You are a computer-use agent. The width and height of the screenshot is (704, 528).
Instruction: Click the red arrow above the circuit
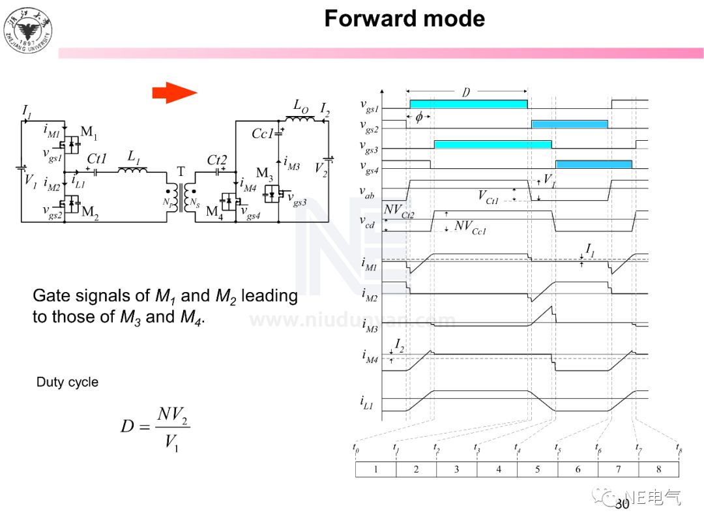coord(174,93)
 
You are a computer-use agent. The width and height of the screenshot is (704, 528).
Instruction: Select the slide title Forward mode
coord(404,18)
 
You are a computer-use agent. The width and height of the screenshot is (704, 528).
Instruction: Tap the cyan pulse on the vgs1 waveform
coord(468,104)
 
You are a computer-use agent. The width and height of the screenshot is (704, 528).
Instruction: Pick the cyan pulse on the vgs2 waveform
coord(569,124)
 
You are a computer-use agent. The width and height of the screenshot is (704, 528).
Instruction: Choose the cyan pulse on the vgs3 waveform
coord(492,144)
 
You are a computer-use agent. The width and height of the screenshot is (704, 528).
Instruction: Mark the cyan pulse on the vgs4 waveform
coord(593,164)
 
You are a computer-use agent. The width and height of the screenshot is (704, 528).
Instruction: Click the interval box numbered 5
coord(538,469)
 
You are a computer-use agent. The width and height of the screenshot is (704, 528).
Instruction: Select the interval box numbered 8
coord(658,469)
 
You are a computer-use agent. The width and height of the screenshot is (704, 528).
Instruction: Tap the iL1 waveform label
coord(368,403)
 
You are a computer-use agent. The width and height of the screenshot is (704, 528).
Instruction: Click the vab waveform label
coord(368,192)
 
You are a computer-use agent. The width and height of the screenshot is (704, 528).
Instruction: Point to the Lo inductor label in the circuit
coord(301,106)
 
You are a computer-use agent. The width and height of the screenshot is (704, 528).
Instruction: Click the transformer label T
coord(181,172)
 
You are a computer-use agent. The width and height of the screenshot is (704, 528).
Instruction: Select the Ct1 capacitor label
coord(96,158)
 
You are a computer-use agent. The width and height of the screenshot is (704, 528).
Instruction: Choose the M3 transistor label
coord(265,173)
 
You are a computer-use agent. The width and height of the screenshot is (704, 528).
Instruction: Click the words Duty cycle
coord(67,382)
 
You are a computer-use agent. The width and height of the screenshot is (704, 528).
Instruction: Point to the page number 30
coord(622,504)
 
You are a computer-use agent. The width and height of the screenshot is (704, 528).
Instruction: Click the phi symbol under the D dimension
coord(418,118)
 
